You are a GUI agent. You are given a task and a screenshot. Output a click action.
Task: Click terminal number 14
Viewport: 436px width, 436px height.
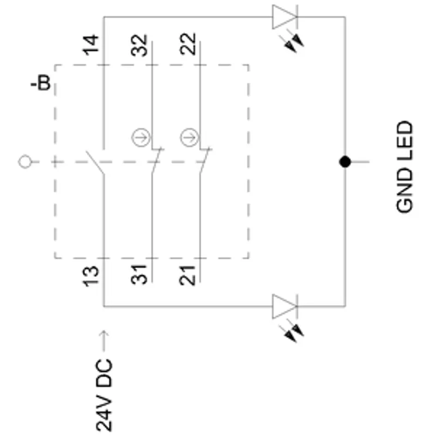click(91, 45)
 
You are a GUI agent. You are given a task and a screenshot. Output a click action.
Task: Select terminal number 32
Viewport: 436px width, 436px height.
click(139, 45)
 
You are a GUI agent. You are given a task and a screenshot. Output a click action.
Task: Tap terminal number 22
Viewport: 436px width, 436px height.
click(188, 44)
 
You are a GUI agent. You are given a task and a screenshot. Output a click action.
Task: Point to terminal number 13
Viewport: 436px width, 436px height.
click(91, 276)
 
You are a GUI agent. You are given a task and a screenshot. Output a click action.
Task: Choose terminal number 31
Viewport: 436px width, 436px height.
click(139, 275)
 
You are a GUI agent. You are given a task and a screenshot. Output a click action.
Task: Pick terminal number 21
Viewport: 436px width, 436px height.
click(187, 276)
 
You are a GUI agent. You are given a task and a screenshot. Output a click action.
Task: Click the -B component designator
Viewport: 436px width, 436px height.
click(41, 83)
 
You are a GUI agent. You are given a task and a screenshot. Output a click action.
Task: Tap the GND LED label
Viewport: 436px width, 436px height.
click(404, 167)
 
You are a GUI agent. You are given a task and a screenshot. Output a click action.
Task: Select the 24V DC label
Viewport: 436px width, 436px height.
click(104, 395)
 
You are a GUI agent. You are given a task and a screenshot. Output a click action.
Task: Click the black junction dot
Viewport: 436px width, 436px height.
click(345, 161)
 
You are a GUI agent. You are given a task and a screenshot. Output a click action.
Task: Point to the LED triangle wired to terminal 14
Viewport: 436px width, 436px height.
click(284, 17)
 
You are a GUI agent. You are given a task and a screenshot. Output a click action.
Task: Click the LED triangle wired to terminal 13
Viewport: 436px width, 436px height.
click(284, 306)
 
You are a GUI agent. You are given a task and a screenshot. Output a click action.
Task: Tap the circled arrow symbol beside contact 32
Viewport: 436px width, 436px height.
click(141, 137)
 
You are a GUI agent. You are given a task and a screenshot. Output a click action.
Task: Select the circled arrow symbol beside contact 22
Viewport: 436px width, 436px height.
click(190, 137)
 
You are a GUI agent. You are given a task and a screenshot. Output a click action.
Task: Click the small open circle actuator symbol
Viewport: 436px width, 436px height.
click(25, 161)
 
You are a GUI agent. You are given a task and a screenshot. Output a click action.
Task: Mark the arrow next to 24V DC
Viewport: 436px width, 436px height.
click(104, 341)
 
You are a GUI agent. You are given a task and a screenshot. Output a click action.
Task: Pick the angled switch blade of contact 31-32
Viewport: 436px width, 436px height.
click(156, 160)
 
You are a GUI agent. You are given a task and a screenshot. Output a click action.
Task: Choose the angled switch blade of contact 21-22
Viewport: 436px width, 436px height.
click(205, 160)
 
